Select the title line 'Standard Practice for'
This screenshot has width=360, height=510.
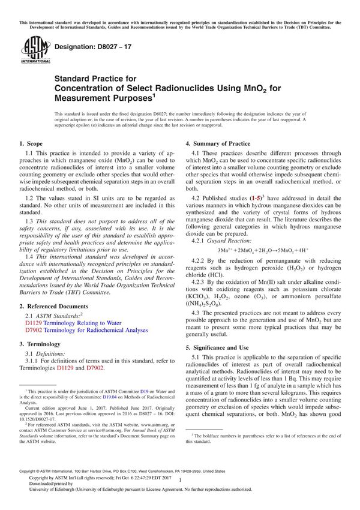pyautogui.click(x=95, y=79)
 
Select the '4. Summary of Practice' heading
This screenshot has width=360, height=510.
pyautogui.click(x=218, y=143)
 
